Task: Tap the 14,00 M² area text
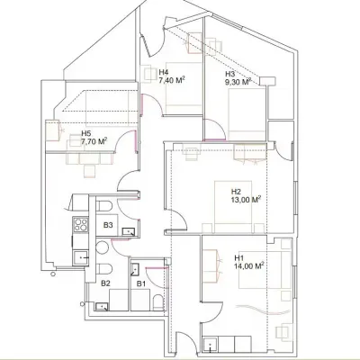247,265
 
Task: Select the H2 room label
236,192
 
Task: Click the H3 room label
230,74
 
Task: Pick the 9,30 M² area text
238,82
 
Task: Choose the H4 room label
164,72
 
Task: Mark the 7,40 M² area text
172,80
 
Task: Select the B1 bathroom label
140,283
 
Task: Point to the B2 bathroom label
105,283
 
